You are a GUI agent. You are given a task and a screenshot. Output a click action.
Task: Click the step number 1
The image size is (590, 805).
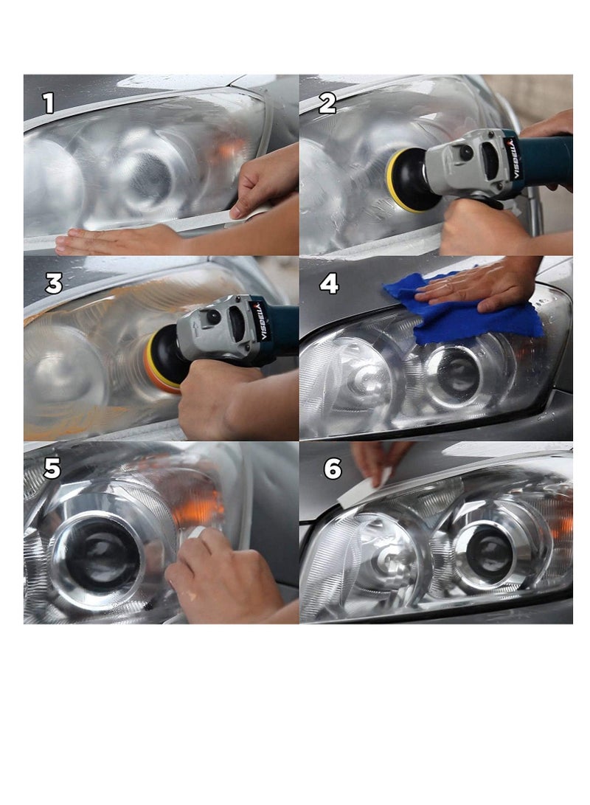coord(48,103)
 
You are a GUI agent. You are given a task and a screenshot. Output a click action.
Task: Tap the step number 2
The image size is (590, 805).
coord(327,103)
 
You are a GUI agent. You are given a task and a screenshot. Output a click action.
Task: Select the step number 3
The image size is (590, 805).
coord(53,284)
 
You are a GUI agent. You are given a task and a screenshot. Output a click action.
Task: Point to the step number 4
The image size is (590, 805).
coord(329,283)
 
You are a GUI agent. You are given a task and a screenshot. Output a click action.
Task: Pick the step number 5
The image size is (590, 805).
coord(52,469)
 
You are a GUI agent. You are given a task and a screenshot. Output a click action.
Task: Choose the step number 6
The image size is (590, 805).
coord(333,469)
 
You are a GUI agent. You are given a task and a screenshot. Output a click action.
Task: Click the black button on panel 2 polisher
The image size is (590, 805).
coord(466,153)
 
